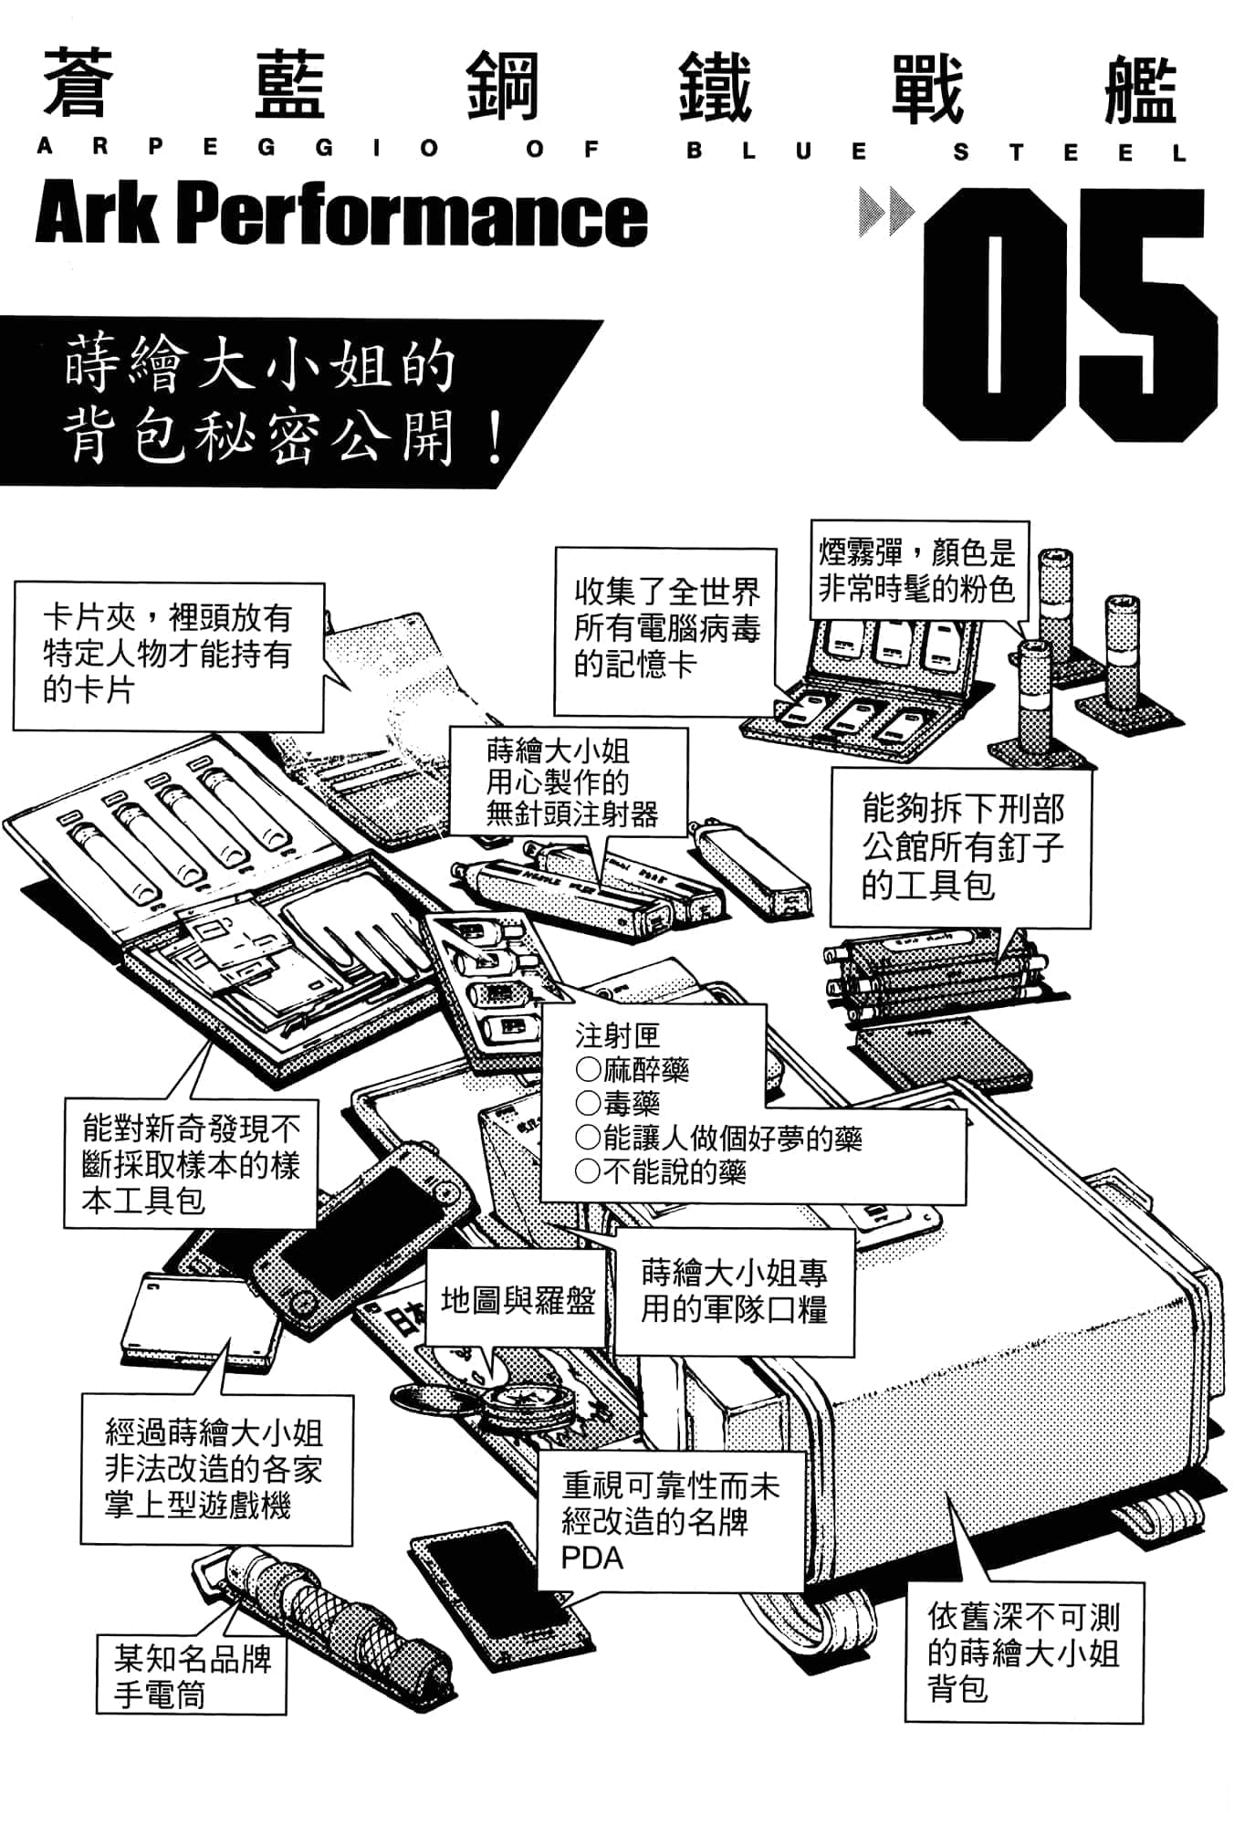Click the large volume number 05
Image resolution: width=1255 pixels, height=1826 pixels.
[x=1068, y=315]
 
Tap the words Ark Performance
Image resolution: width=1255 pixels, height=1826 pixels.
[x=340, y=216]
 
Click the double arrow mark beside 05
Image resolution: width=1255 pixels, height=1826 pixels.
[x=885, y=212]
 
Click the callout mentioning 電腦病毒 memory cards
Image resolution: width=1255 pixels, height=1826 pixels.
[x=665, y=629]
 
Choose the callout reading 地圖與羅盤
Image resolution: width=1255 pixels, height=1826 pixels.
[x=518, y=1300]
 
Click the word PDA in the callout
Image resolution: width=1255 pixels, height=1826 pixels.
[x=592, y=1558]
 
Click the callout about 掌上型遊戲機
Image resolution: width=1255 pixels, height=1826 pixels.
[x=215, y=1469]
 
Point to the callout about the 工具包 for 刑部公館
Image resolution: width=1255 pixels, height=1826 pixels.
[x=961, y=847]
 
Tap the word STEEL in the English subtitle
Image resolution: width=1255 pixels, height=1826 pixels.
[x=1068, y=152]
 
